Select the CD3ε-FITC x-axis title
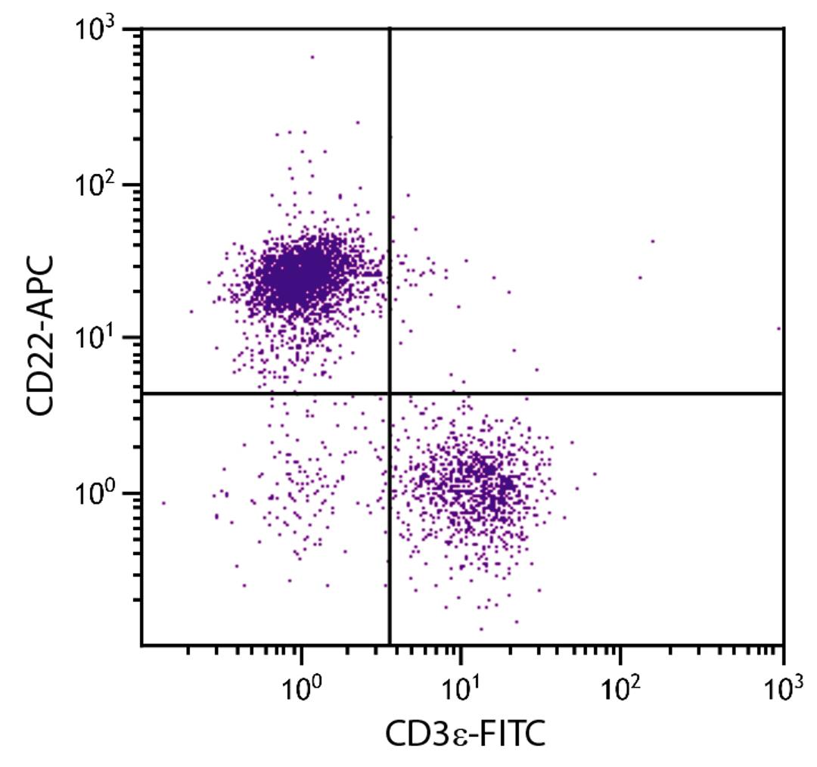[464, 733]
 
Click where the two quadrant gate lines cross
[390, 393]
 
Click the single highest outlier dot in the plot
[312, 57]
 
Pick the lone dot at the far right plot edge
[778, 328]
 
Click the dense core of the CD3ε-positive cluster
[477, 484]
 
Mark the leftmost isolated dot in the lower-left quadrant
[163, 502]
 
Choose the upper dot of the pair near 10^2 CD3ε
[652, 241]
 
